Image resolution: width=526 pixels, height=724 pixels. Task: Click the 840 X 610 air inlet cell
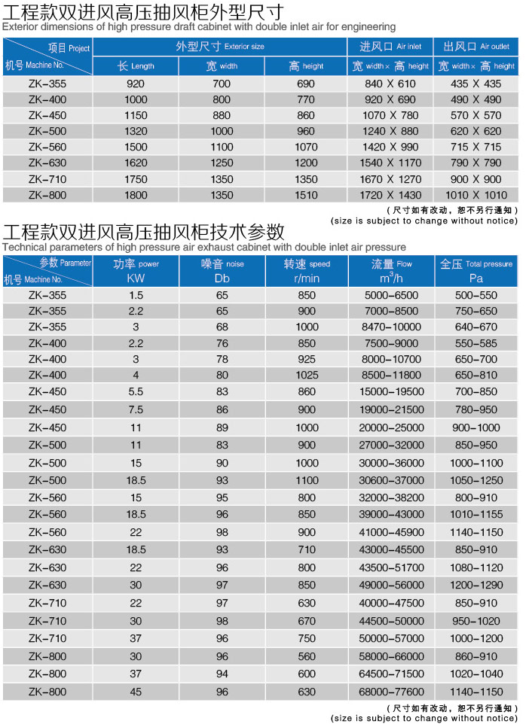[390, 84]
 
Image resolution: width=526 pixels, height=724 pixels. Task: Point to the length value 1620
[136, 163]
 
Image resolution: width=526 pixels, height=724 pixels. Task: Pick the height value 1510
[306, 195]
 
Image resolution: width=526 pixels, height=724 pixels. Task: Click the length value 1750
[136, 179]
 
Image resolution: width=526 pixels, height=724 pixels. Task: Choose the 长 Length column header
[136, 65]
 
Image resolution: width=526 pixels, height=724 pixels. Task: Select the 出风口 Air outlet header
[476, 47]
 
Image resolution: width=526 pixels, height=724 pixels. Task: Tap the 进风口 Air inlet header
[390, 47]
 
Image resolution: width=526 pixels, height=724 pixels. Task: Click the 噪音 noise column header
[222, 264]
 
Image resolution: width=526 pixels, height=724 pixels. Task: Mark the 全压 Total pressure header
[476, 264]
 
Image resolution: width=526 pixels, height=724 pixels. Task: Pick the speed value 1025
[307, 375]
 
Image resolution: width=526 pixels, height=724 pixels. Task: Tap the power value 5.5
[136, 391]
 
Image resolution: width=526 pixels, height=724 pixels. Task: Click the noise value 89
[222, 427]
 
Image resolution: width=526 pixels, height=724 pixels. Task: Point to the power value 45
[136, 692]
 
